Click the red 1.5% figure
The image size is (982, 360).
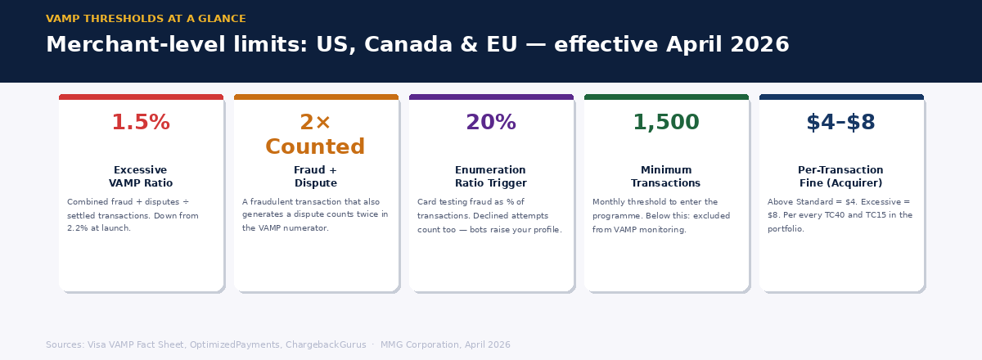tap(141, 123)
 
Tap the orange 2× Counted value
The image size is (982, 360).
tap(315, 135)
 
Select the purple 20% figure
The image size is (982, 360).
tap(491, 123)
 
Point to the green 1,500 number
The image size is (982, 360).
tap(665, 123)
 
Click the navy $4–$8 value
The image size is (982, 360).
tap(840, 123)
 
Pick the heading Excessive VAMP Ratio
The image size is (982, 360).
tap(141, 177)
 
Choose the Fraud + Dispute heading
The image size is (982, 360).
tap(315, 177)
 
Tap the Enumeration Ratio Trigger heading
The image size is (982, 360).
tap(491, 177)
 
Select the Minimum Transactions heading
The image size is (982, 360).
tap(665, 177)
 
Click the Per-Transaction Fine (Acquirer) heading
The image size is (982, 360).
tap(840, 177)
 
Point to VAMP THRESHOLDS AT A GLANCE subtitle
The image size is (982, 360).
tap(146, 19)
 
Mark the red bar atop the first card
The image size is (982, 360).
tap(141, 97)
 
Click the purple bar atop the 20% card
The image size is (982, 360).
tap(491, 97)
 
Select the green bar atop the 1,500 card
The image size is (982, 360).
tap(666, 97)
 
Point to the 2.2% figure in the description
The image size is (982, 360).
tap(79, 228)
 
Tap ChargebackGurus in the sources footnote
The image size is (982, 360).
tap(326, 345)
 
